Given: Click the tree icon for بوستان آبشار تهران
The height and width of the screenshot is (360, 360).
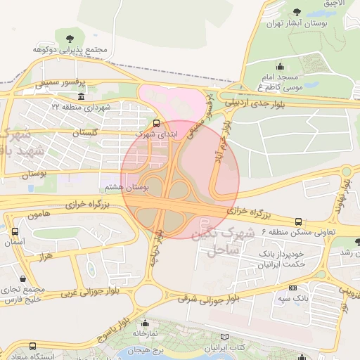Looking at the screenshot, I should (x=297, y=12).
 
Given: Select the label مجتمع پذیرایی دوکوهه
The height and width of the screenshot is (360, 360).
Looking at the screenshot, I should (x=69, y=50).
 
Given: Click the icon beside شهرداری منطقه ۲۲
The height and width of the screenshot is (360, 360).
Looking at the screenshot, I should (x=81, y=96).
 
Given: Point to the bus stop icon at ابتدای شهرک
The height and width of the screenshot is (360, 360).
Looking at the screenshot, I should (x=156, y=120).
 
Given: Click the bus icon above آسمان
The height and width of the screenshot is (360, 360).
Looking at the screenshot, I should (x=15, y=231).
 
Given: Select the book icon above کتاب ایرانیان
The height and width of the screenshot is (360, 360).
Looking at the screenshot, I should (x=224, y=337).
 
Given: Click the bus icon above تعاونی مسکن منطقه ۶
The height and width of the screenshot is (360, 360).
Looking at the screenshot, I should (x=298, y=221).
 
